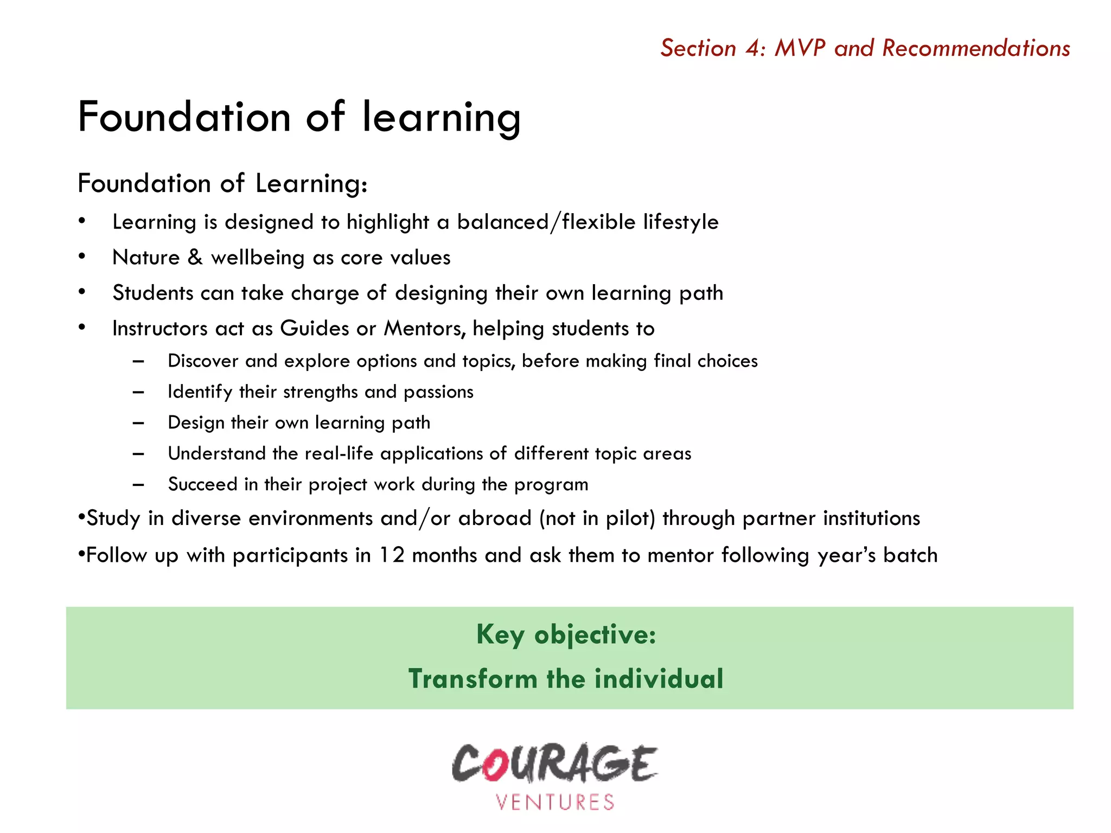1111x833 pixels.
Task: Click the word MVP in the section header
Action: [800, 48]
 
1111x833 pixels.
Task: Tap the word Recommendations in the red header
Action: [976, 48]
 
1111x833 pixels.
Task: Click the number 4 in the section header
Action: [755, 48]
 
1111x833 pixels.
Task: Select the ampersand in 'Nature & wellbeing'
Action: [195, 257]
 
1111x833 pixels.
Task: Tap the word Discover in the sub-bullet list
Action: [203, 361]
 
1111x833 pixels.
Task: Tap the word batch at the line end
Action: [910, 555]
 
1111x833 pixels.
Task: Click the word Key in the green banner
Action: [500, 635]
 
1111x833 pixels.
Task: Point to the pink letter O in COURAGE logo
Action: [494, 765]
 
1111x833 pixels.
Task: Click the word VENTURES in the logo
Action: [555, 802]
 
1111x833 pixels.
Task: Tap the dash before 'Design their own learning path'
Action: [138, 423]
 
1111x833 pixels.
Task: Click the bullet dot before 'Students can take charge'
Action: [82, 292]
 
